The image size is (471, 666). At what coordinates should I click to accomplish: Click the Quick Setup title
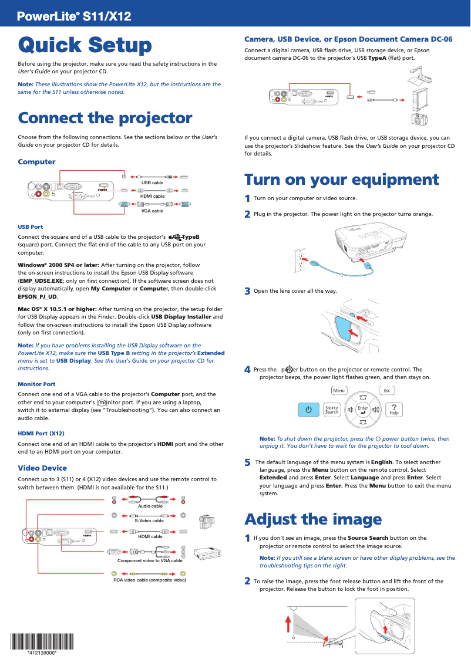coord(85,45)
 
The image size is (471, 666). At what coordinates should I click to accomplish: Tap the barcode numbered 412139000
coord(42,642)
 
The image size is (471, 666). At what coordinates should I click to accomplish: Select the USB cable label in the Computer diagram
coord(152,183)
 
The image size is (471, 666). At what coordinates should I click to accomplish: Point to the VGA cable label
coord(152,211)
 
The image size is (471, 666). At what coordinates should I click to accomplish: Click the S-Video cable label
coord(149,520)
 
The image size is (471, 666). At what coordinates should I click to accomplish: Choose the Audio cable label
coord(150,506)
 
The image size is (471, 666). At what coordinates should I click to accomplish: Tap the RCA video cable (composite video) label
coord(150,580)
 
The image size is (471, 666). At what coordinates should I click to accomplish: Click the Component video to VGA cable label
coord(150,560)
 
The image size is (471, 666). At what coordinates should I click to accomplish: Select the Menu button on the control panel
coord(339,391)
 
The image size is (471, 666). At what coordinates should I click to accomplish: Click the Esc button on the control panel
coord(387,391)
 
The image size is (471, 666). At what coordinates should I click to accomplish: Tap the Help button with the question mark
coord(394,409)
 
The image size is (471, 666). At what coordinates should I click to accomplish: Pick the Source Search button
coord(332,410)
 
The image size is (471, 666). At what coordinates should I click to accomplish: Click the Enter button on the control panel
coord(363,410)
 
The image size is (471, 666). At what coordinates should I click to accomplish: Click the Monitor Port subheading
coord(36,384)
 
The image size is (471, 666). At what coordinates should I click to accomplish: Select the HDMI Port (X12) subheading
coord(41,434)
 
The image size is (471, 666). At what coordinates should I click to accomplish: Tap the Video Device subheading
coord(42,468)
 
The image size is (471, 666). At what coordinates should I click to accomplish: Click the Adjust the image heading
coord(313,519)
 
